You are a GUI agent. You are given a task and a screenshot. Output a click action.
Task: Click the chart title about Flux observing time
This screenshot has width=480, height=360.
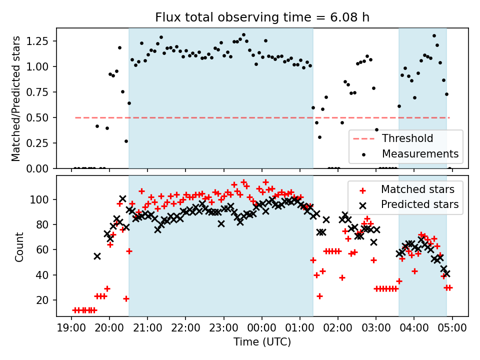(262, 17)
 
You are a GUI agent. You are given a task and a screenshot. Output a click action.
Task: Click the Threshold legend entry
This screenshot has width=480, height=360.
(407, 138)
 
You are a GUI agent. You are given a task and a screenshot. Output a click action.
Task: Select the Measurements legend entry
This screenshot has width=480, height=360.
(420, 153)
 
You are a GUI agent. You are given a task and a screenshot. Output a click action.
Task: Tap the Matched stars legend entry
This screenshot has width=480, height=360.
(417, 189)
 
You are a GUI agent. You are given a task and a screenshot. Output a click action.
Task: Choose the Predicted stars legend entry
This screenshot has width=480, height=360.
(419, 204)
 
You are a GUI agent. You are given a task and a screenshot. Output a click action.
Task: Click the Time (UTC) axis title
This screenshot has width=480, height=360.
(262, 342)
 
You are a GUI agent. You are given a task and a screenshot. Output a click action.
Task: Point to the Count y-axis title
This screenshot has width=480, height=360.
(19, 246)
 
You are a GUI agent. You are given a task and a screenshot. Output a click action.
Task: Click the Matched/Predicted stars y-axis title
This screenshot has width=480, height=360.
(16, 98)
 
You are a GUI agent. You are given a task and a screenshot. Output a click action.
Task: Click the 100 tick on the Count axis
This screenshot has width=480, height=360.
(43, 199)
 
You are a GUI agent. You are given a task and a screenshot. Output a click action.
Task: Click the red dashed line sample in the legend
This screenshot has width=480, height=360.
(364, 138)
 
